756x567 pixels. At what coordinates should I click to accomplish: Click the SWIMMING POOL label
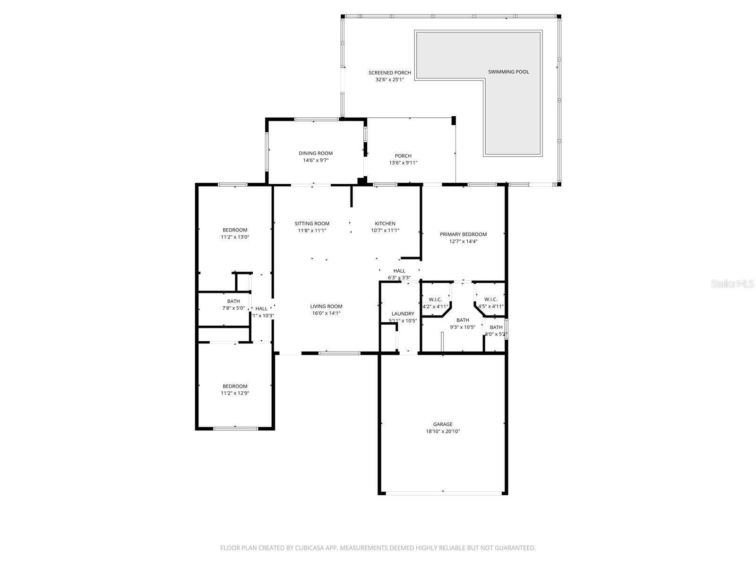pos(508,72)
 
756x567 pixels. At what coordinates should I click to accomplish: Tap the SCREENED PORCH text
pos(390,73)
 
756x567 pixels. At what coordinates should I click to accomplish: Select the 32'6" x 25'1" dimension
pos(390,80)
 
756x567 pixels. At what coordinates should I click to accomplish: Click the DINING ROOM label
pos(316,153)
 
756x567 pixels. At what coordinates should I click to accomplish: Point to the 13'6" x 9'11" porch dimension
pos(403,163)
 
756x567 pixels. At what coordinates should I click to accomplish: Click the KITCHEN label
pos(385,223)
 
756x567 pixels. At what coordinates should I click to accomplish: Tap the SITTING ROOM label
pos(312,223)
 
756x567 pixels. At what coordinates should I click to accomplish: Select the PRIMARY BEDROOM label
pos(463,234)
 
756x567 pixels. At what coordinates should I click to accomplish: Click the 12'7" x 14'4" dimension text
pos(463,241)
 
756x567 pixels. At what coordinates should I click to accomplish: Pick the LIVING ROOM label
pos(326,306)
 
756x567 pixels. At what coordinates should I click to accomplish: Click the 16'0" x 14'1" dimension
pos(326,313)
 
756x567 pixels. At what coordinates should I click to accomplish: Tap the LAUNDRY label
pos(403,314)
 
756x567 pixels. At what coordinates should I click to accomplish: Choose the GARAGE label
pos(443,424)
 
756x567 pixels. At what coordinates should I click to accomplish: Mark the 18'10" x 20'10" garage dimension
pos(443,431)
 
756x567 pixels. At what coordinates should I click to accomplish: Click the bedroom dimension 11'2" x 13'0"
pos(235,237)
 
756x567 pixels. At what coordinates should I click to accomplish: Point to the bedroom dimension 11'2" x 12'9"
pos(235,393)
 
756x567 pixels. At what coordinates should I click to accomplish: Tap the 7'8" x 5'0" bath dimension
pos(233,308)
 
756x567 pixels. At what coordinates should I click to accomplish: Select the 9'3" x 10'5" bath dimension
pos(463,327)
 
